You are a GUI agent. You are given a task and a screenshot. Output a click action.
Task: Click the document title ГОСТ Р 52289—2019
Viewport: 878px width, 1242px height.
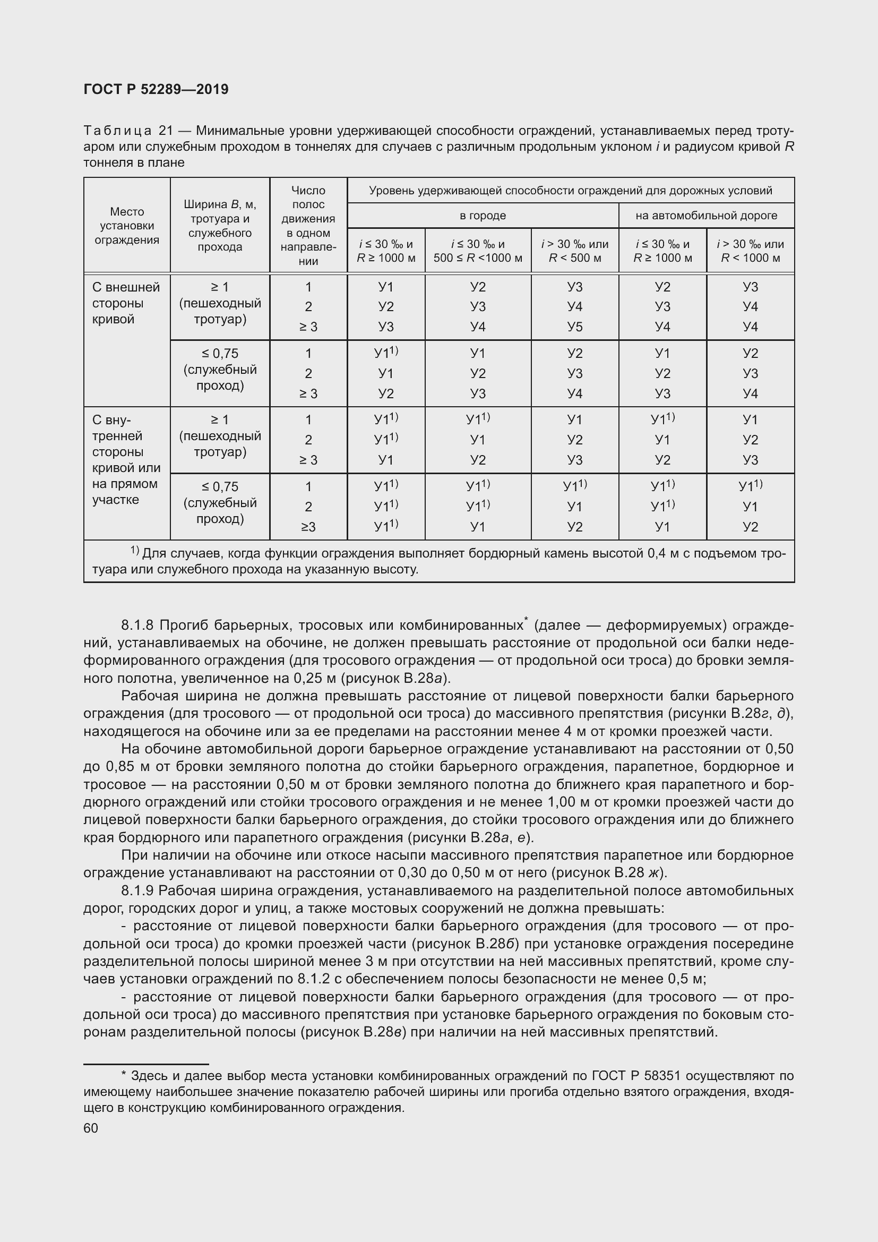(x=156, y=89)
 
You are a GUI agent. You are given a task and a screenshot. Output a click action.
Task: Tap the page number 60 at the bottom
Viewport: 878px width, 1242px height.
(x=91, y=1128)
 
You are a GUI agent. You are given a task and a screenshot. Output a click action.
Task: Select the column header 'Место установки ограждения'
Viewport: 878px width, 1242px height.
(x=127, y=226)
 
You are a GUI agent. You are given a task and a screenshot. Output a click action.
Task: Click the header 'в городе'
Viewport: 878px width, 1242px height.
(x=483, y=215)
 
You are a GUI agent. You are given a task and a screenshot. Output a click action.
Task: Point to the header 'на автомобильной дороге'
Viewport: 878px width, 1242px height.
(x=706, y=215)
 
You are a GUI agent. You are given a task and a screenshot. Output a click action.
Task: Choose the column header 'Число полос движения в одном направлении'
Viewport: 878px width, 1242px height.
(x=308, y=226)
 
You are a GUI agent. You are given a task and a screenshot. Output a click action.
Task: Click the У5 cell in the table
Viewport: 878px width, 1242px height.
(x=575, y=327)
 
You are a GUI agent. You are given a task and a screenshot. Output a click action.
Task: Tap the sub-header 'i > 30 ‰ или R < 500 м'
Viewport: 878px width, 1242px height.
(x=575, y=251)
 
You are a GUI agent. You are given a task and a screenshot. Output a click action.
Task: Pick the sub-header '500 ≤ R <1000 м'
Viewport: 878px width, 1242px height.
(x=478, y=258)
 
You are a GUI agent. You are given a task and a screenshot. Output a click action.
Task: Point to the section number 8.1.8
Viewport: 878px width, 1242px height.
(x=137, y=626)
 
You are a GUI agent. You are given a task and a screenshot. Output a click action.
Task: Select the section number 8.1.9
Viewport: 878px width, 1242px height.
(x=137, y=890)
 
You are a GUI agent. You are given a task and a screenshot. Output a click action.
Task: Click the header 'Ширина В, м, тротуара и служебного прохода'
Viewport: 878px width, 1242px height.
(x=220, y=226)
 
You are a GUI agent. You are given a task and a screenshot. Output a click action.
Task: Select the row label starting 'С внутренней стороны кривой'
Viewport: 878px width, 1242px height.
(x=125, y=460)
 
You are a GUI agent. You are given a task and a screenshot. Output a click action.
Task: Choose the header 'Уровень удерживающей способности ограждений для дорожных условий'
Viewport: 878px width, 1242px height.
(x=570, y=191)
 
